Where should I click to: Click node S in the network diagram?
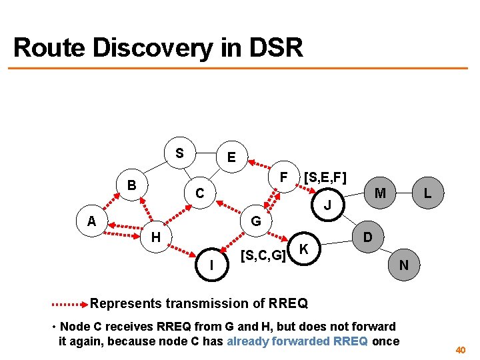(179, 153)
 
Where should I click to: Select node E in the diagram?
(231, 157)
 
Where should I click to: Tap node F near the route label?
(283, 178)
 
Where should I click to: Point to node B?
(132, 185)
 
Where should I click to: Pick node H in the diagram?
(155, 236)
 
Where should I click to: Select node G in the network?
(255, 221)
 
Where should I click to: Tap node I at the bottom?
(211, 265)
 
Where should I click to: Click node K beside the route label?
(303, 249)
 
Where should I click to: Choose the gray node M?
(380, 193)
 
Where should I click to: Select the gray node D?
(367, 237)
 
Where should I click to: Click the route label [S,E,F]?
(324, 177)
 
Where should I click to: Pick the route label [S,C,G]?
(263, 254)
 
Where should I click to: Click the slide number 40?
(460, 349)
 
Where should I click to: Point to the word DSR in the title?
(276, 48)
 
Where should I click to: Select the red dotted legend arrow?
(69, 304)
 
